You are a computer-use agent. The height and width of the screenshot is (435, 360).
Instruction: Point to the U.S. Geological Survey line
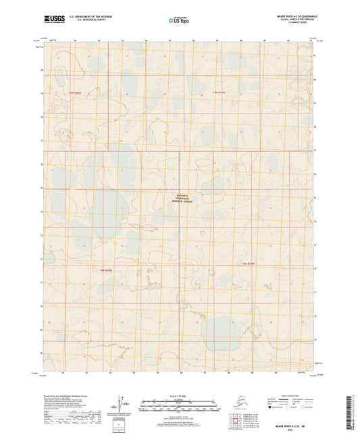click(89, 18)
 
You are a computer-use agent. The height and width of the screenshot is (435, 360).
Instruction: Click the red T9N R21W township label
click(219, 92)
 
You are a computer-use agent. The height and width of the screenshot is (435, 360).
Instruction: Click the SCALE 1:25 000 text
click(180, 396)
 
